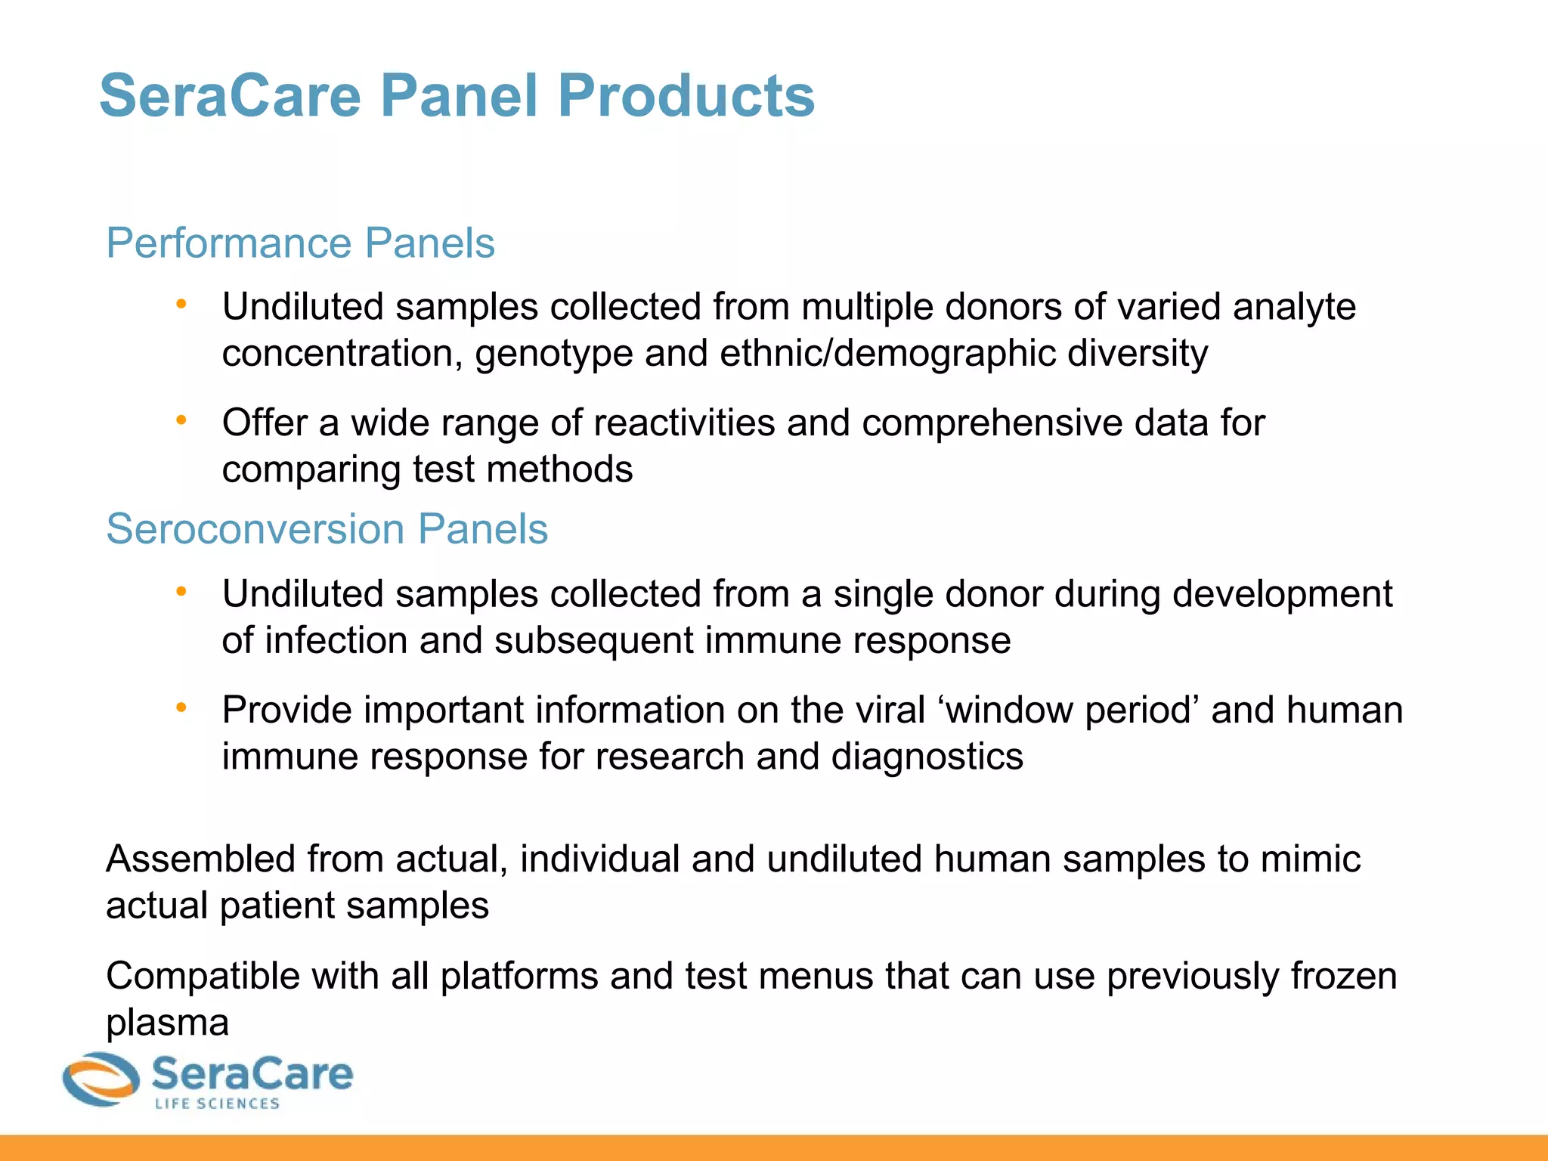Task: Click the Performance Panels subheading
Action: tap(300, 243)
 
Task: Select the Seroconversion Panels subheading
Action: tap(327, 528)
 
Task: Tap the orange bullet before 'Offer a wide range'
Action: tap(181, 420)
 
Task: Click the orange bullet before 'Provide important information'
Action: tap(181, 707)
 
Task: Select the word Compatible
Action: tap(203, 976)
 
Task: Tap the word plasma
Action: tap(167, 1023)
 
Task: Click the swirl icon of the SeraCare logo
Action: tap(101, 1079)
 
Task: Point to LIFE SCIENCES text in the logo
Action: tap(218, 1104)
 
